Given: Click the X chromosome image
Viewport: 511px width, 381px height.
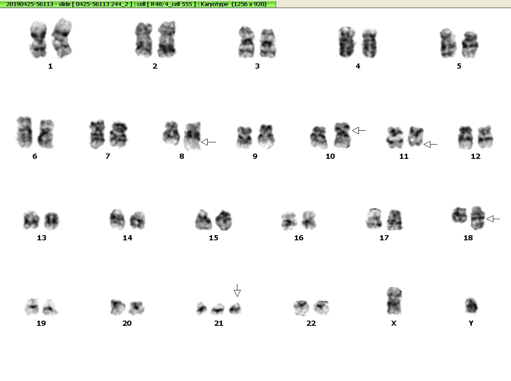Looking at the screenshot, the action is [394, 301].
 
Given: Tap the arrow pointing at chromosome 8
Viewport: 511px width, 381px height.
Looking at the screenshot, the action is [208, 142].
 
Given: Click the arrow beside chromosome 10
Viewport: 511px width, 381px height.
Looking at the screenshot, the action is [359, 130].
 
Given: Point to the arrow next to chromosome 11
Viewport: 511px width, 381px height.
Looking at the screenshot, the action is [430, 144].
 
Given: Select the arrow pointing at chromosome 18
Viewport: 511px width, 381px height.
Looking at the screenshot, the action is [493, 219].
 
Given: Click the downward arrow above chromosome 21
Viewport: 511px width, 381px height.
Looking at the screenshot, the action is [237, 290].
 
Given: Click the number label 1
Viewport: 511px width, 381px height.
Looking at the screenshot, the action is [50, 66].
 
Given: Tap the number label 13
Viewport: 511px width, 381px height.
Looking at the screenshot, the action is [41, 238].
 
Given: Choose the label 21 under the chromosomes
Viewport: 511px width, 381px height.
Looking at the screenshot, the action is [219, 323].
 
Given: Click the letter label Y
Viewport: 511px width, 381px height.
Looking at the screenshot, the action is [471, 323].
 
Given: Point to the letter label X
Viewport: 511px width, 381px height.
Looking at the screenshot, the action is [394, 323].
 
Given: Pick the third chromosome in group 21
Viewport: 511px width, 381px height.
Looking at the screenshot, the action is [235, 308].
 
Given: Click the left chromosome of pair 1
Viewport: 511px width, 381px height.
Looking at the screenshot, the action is [38, 40].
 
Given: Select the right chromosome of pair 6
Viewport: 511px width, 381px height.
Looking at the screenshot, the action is [46, 134].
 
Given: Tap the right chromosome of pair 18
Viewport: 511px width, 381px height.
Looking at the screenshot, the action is [478, 218].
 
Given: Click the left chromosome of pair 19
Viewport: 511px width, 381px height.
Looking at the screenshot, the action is [32, 306].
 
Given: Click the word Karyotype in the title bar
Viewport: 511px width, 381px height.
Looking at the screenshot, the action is [215, 4].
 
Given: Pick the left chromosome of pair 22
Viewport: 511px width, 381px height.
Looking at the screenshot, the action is [301, 308].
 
